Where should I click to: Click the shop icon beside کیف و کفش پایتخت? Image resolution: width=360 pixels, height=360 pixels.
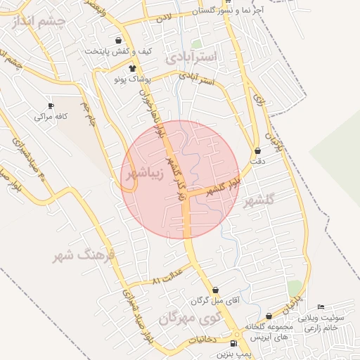pyautogui.click(x=127, y=40)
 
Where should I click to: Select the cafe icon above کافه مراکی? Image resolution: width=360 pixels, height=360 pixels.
pyautogui.click(x=50, y=105)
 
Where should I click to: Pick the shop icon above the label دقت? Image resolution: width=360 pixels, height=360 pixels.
pyautogui.click(x=258, y=150)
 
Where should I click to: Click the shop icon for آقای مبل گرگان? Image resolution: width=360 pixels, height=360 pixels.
pyautogui.click(x=215, y=290)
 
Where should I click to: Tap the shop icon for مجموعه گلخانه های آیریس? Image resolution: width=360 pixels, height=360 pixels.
pyautogui.click(x=269, y=317)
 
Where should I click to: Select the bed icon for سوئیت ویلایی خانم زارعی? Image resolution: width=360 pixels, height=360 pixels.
pyautogui.click(x=321, y=307)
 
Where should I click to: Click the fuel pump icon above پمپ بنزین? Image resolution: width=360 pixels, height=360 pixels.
pyautogui.click(x=233, y=344)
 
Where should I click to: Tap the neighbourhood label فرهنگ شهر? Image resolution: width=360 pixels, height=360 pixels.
pyautogui.click(x=82, y=255)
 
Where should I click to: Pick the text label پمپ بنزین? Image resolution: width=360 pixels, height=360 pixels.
pyautogui.click(x=233, y=355)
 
